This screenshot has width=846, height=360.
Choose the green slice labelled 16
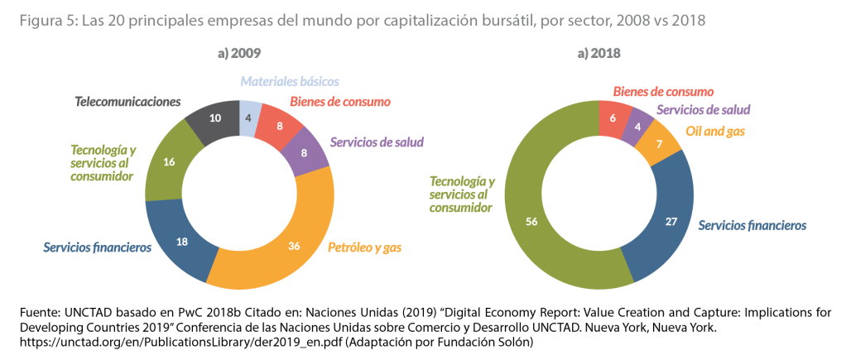coord(169,162)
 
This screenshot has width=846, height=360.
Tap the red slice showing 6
coord(614,118)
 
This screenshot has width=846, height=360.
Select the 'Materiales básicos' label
coord(290,81)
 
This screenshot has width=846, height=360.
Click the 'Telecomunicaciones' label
coord(127,102)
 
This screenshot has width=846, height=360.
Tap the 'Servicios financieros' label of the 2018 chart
coord(752,225)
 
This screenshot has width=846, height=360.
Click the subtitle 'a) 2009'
coord(239,54)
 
